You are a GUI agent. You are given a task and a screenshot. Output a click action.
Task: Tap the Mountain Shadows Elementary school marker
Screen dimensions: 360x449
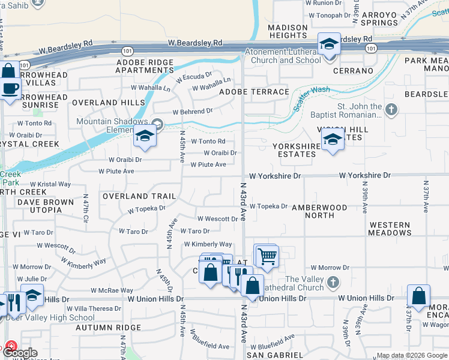pyautogui.click(x=145, y=137)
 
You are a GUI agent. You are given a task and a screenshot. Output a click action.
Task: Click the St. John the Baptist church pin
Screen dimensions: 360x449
pyautogui.click(x=391, y=109)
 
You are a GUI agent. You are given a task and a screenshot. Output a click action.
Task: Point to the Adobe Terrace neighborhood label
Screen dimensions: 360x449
pyautogui.click(x=254, y=92)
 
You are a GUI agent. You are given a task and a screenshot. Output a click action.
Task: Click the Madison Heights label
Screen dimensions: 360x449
pyautogui.click(x=288, y=31)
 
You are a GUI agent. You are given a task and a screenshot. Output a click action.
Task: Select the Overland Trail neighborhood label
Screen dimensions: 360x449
pyautogui.click(x=139, y=196)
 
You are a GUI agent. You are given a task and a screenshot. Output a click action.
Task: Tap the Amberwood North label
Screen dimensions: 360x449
pyautogui.click(x=319, y=211)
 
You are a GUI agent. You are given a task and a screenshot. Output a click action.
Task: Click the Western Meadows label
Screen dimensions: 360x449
pyautogui.click(x=390, y=229)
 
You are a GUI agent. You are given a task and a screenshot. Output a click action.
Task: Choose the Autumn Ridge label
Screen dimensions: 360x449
pyautogui.click(x=109, y=328)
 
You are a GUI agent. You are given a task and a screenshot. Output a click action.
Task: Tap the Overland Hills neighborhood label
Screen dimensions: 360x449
pyautogui.click(x=109, y=103)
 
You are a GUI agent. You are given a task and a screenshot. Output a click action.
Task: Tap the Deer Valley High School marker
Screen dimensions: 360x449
pyautogui.click(x=34, y=297)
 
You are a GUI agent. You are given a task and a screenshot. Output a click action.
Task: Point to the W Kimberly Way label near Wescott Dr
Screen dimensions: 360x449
pyautogui.click(x=208, y=244)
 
